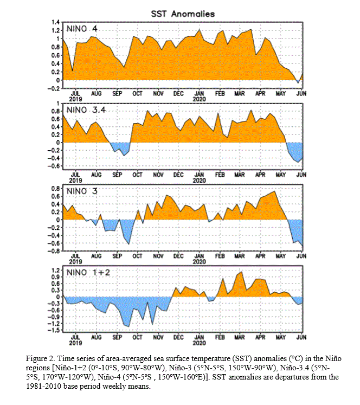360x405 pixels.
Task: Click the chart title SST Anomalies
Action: point(183,14)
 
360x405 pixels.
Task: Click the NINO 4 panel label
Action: point(82,29)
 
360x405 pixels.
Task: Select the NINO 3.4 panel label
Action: point(86,110)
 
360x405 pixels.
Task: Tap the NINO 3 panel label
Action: point(82,191)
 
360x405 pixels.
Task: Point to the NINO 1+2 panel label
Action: point(88,273)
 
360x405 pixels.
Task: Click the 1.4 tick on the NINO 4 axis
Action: point(56,22)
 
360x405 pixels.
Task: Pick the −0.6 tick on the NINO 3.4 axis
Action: point(54,166)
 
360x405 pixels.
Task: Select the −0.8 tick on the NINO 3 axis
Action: point(54,251)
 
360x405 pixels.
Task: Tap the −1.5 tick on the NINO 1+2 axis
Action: point(54,330)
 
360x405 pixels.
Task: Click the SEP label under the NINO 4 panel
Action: point(117,93)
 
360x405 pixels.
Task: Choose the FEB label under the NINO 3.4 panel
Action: point(220,175)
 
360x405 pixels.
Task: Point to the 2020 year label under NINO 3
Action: point(199,262)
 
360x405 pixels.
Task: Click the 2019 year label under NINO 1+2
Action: point(75,343)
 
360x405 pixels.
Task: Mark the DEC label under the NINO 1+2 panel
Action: point(178,337)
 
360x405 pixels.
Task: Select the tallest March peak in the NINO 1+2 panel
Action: point(241,272)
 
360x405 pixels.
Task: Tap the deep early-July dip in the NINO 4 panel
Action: point(72,70)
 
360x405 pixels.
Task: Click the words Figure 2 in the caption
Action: point(40,358)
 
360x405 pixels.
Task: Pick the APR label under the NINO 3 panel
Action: point(260,256)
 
